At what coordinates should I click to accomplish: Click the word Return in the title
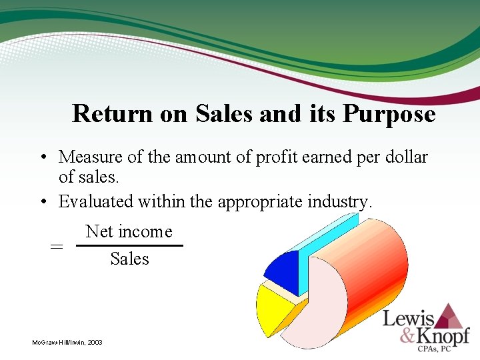[113, 114]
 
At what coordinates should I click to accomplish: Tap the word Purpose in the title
[389, 114]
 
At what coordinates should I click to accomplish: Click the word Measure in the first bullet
[91, 157]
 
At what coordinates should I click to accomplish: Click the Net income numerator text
[129, 232]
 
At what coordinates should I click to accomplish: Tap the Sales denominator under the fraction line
[129, 259]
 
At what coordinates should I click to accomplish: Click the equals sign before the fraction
[57, 246]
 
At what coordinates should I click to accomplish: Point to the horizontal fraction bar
[129, 245]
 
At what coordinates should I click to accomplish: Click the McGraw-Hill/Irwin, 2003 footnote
[67, 342]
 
